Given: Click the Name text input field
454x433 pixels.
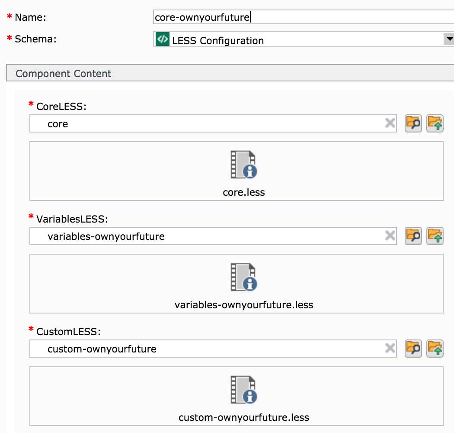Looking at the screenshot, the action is pyautogui.click(x=304, y=17).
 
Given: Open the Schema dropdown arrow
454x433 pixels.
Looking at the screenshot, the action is pyautogui.click(x=449, y=39).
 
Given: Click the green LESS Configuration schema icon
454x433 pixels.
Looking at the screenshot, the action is pyautogui.click(x=163, y=39).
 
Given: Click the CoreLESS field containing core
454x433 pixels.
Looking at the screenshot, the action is pyautogui.click(x=213, y=123).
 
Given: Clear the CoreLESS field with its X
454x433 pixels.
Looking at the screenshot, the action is pyautogui.click(x=390, y=123).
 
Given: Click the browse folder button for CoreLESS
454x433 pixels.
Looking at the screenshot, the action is pyautogui.click(x=413, y=123).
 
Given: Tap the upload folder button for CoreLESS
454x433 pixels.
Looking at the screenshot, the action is pyautogui.click(x=435, y=123).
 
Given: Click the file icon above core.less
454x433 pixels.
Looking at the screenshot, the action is pyautogui.click(x=244, y=164).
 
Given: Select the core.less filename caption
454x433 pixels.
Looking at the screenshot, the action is pyautogui.click(x=244, y=192).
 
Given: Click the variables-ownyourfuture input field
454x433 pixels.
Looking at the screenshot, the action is pyautogui.click(x=213, y=236).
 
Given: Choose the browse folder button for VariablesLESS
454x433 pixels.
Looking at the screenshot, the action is pyautogui.click(x=413, y=236).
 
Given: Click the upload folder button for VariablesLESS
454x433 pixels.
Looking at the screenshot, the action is pyautogui.click(x=435, y=236).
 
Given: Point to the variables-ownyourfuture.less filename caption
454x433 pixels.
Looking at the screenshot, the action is pyautogui.click(x=244, y=305).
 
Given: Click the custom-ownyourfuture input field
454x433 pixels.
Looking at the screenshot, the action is pyautogui.click(x=213, y=349).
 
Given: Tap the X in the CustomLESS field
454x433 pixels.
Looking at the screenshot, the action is pyautogui.click(x=390, y=348).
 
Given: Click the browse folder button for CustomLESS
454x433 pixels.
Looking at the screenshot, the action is pyautogui.click(x=413, y=349).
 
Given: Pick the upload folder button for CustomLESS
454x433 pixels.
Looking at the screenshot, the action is pyautogui.click(x=435, y=349).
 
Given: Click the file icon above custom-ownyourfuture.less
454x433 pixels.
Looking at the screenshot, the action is pyautogui.click(x=244, y=389).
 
